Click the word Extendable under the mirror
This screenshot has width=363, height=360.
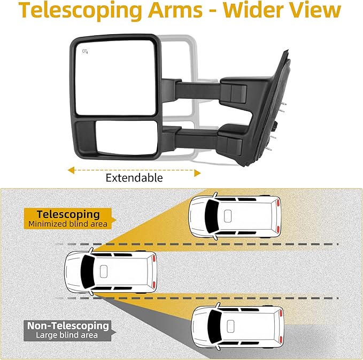[x=134, y=178]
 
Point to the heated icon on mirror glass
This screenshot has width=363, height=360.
[x=86, y=52]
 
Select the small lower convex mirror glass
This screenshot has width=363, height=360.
[x=115, y=137]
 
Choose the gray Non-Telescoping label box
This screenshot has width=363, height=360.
[x=68, y=330]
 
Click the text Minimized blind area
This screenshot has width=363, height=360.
[x=68, y=224]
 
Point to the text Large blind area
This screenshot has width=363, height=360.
[x=67, y=335]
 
